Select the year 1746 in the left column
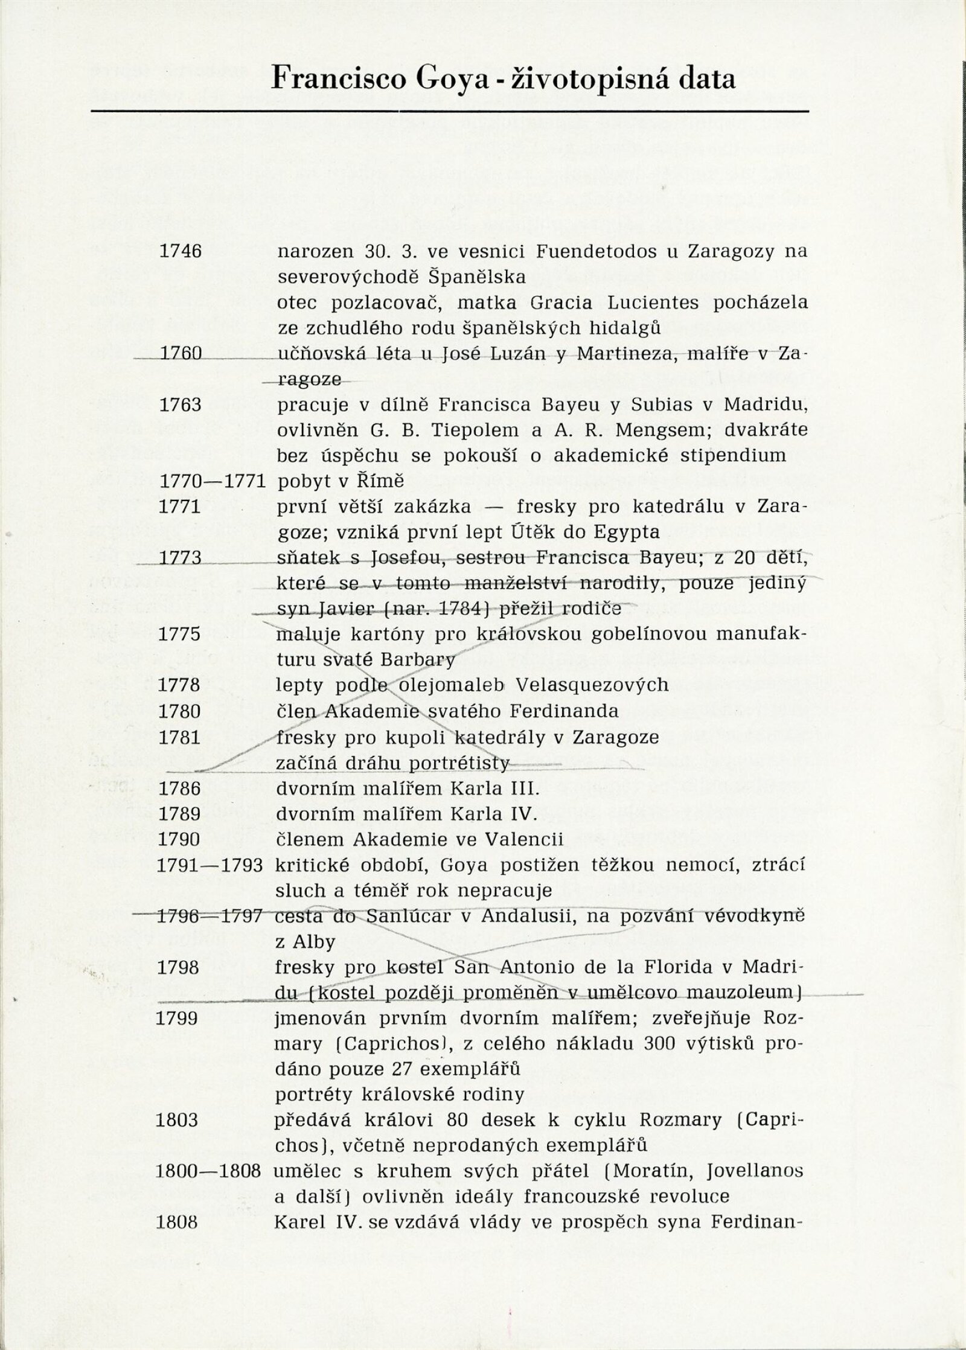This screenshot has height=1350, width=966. click(180, 251)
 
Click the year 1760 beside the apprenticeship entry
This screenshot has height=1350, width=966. click(180, 353)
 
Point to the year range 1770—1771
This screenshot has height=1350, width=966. click(213, 481)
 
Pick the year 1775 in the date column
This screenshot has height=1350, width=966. click(179, 634)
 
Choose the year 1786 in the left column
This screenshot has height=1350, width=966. click(179, 789)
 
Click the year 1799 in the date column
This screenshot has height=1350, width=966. click(177, 1017)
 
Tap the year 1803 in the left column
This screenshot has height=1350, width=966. click(177, 1120)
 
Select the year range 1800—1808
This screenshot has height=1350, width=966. click(208, 1171)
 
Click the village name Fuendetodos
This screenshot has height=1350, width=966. click(592, 251)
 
